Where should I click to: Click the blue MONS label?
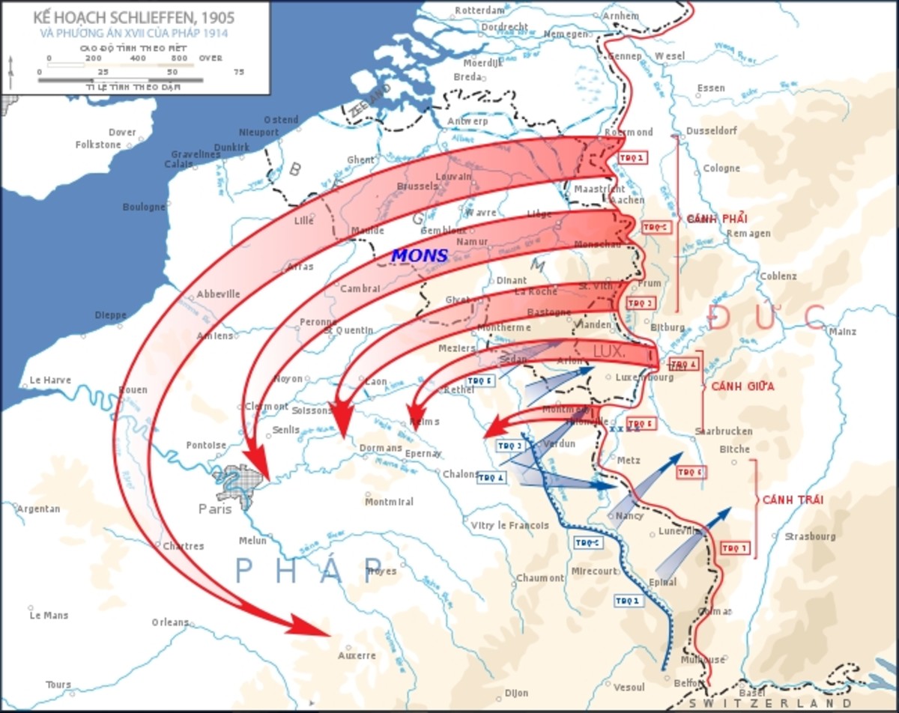(420, 255)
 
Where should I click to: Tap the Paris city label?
(216, 509)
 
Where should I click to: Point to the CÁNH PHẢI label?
(717, 218)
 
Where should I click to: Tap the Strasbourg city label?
(809, 536)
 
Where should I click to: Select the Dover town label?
(122, 133)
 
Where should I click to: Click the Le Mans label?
(49, 616)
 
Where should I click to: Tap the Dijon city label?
(516, 694)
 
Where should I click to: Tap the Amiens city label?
(214, 336)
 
